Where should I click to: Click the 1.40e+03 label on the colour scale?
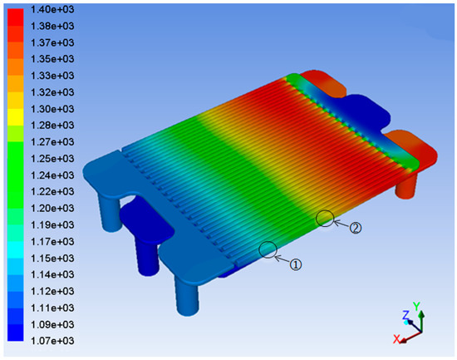click(52, 10)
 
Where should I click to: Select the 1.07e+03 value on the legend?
click(52, 341)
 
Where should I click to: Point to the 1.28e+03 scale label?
click(52, 126)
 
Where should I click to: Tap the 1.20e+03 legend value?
click(52, 209)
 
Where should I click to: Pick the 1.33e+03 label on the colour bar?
click(52, 76)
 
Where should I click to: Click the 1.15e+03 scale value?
click(52, 259)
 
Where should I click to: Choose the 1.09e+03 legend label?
click(52, 324)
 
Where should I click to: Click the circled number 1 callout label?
click(295, 264)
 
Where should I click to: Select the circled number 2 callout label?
click(356, 228)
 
